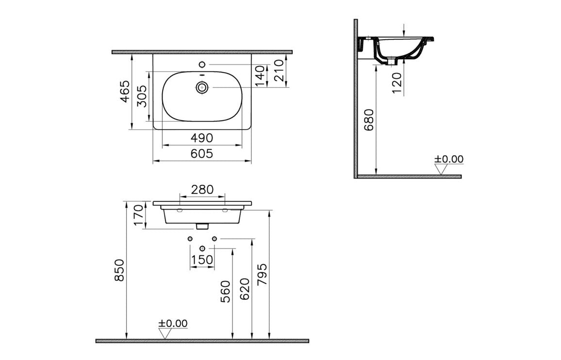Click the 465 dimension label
pos(125,91)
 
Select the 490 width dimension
pos(201,138)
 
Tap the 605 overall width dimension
pos(201,154)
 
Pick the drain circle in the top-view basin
pos(202,87)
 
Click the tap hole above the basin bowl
pos(202,65)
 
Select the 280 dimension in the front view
pos(202,190)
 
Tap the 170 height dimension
pos(139,216)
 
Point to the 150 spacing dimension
pos(202,260)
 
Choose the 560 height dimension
pos(226,291)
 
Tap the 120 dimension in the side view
pos(397,83)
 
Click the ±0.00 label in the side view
pos(448,159)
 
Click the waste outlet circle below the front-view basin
pos(202,249)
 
